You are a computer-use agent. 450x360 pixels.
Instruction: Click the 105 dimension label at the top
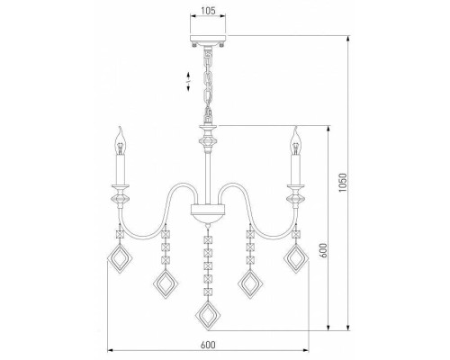coord(208,11)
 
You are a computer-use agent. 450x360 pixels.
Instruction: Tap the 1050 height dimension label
coord(342,183)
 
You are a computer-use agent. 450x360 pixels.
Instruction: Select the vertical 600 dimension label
coord(323,250)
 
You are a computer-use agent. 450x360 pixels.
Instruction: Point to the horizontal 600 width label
coord(208,345)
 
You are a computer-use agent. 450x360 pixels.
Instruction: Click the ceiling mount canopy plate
coord(208,39)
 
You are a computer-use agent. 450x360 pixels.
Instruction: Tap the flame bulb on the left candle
coord(121,141)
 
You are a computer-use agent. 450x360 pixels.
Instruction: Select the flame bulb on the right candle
coord(296,141)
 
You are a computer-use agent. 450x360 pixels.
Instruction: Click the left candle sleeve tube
coord(121,169)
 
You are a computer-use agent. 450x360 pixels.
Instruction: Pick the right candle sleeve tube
coord(295,169)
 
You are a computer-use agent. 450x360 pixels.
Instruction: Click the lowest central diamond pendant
coord(208,316)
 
